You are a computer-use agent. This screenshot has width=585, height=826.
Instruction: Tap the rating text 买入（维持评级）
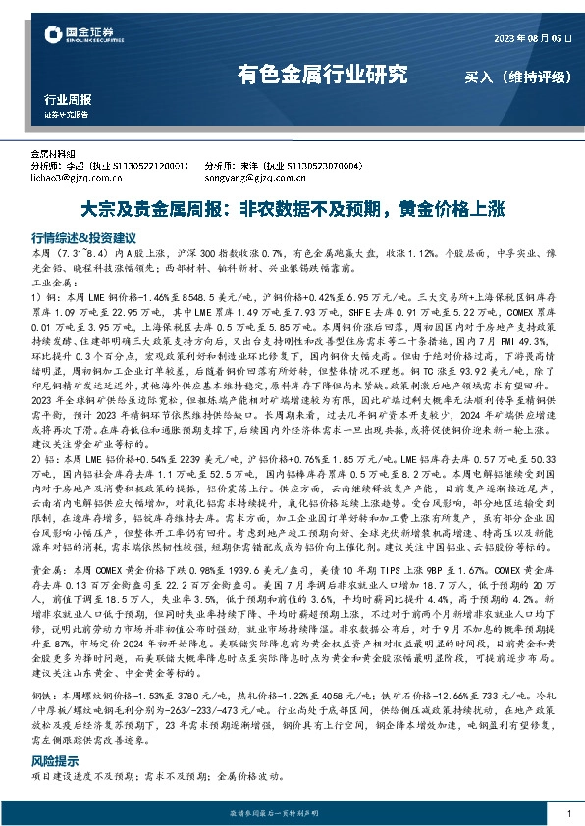tap(510, 76)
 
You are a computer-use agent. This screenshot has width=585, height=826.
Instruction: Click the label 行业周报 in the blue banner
tap(68, 100)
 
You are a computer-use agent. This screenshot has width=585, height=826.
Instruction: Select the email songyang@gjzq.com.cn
tap(247, 178)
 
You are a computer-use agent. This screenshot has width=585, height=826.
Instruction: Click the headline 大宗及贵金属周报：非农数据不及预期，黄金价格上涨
tap(292, 209)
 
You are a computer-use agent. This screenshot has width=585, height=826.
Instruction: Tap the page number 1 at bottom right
tap(567, 813)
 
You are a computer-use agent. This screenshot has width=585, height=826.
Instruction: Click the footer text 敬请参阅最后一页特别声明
tap(292, 813)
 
